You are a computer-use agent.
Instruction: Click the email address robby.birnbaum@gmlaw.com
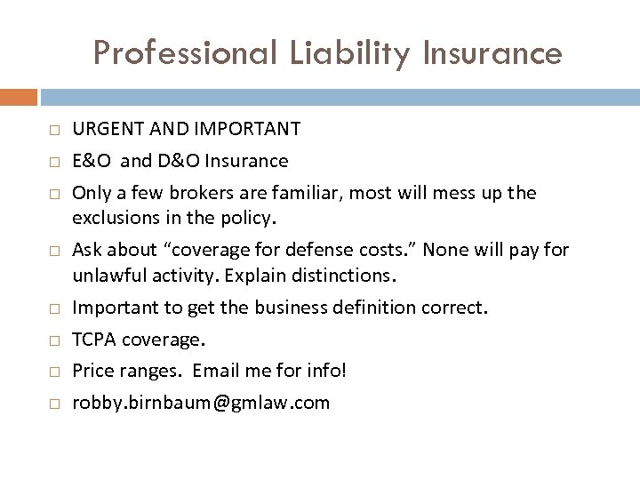point(201,403)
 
